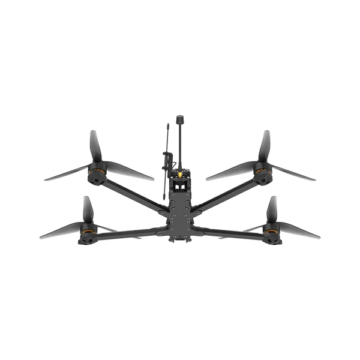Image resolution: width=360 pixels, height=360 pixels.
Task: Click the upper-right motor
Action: point(262,174)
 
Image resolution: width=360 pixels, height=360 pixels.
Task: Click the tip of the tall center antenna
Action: point(179,116)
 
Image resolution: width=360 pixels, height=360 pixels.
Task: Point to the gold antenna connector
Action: point(179,173)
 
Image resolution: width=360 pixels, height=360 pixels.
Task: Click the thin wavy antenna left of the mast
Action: point(165,144)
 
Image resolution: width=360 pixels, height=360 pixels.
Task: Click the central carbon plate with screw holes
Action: point(179,210)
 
